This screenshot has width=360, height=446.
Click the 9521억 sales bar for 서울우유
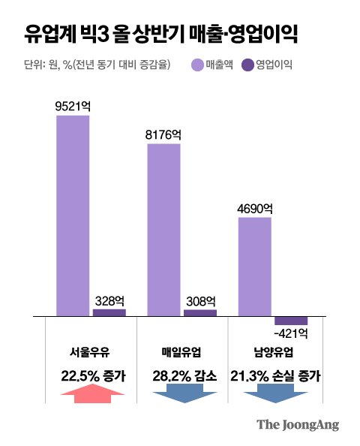click(x=73, y=215)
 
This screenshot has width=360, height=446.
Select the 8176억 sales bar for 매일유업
click(x=163, y=230)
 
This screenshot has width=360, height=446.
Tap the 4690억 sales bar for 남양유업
click(x=254, y=267)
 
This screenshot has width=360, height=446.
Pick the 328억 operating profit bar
click(x=109, y=312)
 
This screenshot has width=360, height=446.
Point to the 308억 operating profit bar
click(x=200, y=313)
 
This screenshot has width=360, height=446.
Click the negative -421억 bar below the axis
click(x=291, y=321)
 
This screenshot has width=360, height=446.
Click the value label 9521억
click(x=73, y=107)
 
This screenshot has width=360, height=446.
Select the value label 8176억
click(x=163, y=135)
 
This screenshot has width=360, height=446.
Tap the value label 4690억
click(x=255, y=209)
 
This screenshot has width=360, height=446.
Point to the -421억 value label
click(x=291, y=333)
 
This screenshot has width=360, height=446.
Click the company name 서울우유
click(x=89, y=353)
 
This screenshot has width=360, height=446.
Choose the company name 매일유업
click(x=181, y=352)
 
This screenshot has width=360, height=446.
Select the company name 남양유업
click(x=273, y=352)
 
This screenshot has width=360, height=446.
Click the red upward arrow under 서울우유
click(x=93, y=393)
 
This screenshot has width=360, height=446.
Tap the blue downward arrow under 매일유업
click(x=184, y=393)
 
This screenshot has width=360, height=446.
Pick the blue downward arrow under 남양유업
click(x=276, y=393)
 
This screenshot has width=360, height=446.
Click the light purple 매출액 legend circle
click(x=198, y=65)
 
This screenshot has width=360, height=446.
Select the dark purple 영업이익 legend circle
click(x=247, y=65)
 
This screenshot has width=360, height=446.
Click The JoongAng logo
click(x=298, y=425)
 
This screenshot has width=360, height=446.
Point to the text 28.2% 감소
click(x=184, y=376)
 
